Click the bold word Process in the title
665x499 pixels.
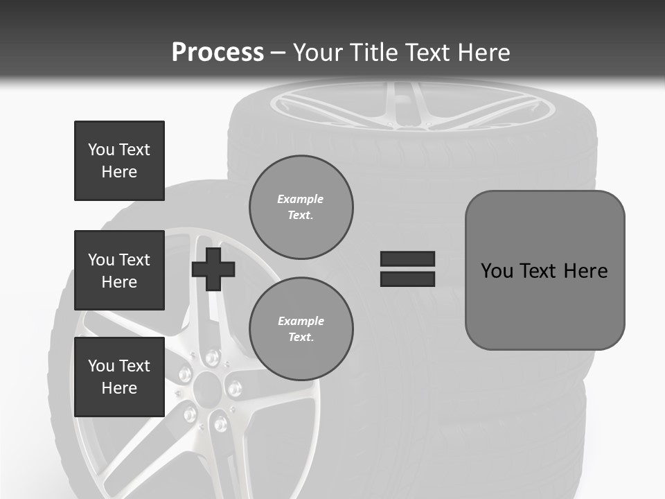click(x=218, y=53)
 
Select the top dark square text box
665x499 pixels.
click(x=119, y=161)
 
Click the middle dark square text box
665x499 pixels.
click(x=119, y=270)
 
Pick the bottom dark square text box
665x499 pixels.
click(x=119, y=377)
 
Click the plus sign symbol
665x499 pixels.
click(x=213, y=269)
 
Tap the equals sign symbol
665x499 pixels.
click(x=407, y=269)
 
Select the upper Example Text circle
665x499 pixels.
click(x=301, y=207)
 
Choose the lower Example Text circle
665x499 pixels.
click(x=301, y=329)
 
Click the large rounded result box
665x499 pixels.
click(x=544, y=270)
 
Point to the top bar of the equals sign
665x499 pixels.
click(x=407, y=259)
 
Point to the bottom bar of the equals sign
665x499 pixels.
click(x=407, y=279)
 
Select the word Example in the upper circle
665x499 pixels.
click(x=301, y=199)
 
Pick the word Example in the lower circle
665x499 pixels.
click(x=301, y=321)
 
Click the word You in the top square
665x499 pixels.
click(x=100, y=150)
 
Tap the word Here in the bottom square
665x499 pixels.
click(x=119, y=388)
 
